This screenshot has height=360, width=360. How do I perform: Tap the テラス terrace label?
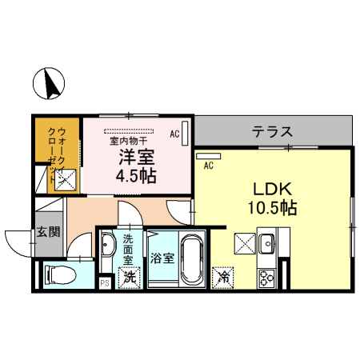point(272,131)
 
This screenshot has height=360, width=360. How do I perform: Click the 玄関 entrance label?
point(48,233)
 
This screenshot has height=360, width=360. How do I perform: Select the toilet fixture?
point(61,274)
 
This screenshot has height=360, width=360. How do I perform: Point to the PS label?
point(104,282)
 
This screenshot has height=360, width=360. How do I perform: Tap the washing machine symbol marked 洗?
point(128,277)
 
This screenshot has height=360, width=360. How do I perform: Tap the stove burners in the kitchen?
point(266,278)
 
